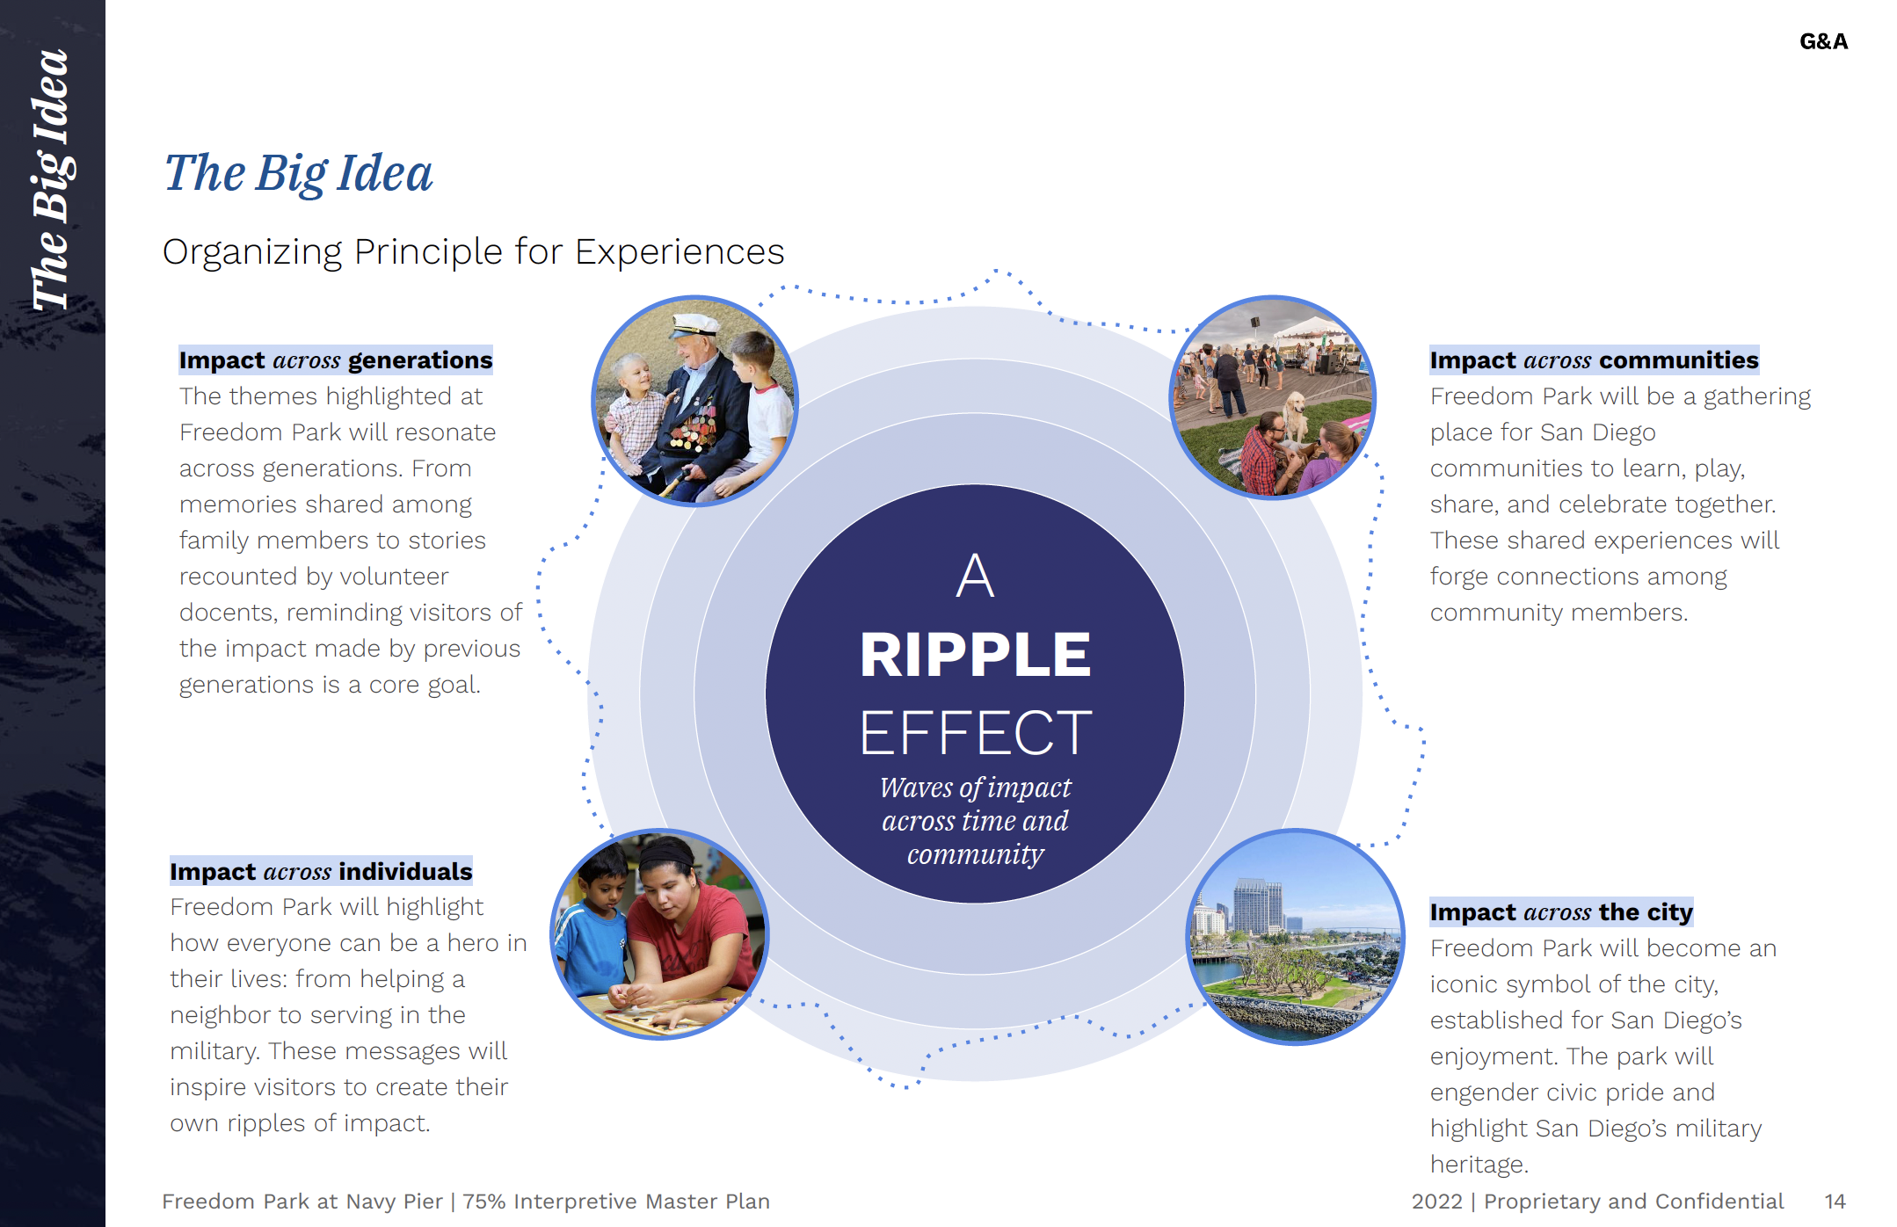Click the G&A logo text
point(1823,41)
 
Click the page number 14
point(1835,1202)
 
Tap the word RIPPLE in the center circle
point(975,655)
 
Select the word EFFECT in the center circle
point(975,733)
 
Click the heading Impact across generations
point(335,360)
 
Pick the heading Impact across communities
point(1593,360)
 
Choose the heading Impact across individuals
point(321,872)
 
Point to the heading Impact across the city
point(1560,912)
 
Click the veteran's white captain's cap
point(694,325)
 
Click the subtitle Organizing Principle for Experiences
point(473,252)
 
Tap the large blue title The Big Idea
point(299,173)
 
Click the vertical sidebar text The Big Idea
point(51,180)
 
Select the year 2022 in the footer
point(1436,1202)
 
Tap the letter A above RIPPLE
point(975,577)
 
